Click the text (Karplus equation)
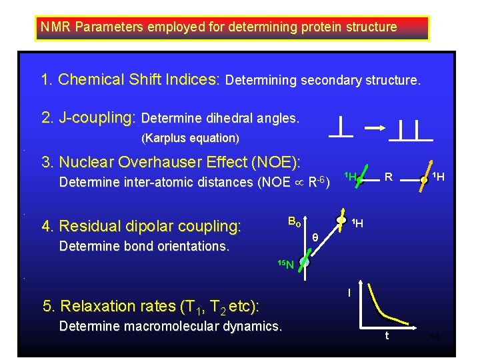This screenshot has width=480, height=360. point(190,138)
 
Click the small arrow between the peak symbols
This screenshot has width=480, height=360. point(375,127)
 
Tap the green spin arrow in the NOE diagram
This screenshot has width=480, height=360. point(359,179)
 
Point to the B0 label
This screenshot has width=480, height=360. point(294,221)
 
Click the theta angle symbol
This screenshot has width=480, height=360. point(315,236)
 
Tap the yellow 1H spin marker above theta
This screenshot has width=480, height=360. point(341,220)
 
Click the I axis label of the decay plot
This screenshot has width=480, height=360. point(349,292)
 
